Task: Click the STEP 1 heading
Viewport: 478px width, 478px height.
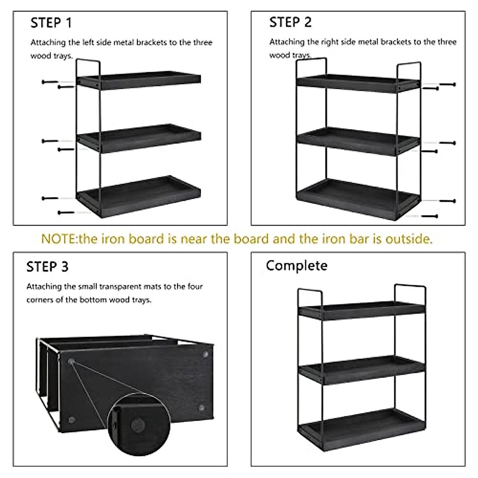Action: coord(51,23)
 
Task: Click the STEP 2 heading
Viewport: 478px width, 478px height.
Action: coord(290,22)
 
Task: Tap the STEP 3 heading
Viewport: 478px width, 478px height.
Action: coord(47,266)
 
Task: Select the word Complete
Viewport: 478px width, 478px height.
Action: coord(296,266)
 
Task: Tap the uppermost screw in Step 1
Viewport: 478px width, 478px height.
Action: coord(50,82)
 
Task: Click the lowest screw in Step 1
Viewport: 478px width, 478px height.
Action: coord(66,213)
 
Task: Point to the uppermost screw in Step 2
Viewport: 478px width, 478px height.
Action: coord(447,84)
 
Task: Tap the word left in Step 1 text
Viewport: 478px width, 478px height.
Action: coord(87,42)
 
